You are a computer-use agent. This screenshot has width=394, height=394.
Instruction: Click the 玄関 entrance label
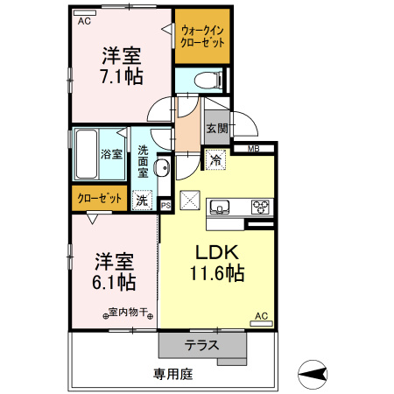point(216,128)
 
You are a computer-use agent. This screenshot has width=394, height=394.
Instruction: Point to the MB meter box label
point(254,148)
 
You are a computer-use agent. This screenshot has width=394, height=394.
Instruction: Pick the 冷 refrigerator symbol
point(215,160)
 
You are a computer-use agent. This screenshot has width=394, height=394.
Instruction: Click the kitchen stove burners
point(260,207)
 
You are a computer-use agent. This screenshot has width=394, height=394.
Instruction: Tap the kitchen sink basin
point(219,207)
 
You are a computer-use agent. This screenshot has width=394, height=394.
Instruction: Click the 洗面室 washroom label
point(143,164)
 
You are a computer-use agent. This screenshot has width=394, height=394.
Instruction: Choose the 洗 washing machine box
point(142,200)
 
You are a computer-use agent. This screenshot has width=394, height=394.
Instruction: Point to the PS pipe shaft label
point(165,206)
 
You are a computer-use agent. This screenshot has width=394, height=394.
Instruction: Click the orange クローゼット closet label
point(98,199)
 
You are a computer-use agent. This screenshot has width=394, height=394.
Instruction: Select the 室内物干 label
point(130,311)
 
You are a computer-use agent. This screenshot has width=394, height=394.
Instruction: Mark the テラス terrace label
point(201,345)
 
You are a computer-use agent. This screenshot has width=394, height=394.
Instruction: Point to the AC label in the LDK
point(260,315)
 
